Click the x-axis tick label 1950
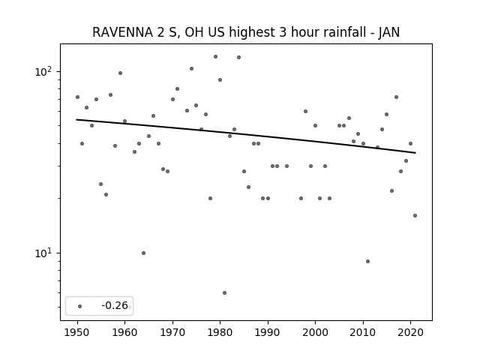(x=77, y=332)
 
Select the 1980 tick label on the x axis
(x=220, y=332)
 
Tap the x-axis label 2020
(x=411, y=332)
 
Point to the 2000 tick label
(x=315, y=332)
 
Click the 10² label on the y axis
(x=43, y=72)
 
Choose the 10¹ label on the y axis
(x=43, y=253)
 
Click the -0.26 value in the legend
(x=115, y=305)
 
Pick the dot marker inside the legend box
(x=80, y=307)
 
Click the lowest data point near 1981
(x=225, y=293)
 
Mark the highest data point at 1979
(x=215, y=57)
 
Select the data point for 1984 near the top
(x=238, y=57)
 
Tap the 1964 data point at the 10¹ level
(x=143, y=253)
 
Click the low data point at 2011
(x=368, y=262)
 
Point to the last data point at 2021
(x=415, y=215)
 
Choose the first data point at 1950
(x=77, y=97)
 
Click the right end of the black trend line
(x=415, y=153)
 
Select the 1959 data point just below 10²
(x=120, y=73)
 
